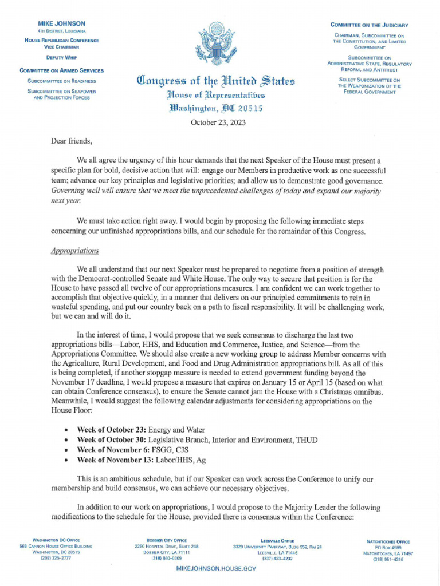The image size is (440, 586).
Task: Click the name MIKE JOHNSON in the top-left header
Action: point(62,23)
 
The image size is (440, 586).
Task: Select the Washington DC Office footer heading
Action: point(56,540)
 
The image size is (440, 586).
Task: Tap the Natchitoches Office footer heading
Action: point(388,541)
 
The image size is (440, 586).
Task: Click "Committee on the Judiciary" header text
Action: point(370,25)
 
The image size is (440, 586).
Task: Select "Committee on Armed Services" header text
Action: point(62,70)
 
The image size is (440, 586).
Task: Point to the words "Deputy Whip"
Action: point(62,58)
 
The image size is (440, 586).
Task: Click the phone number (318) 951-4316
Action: point(388,560)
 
